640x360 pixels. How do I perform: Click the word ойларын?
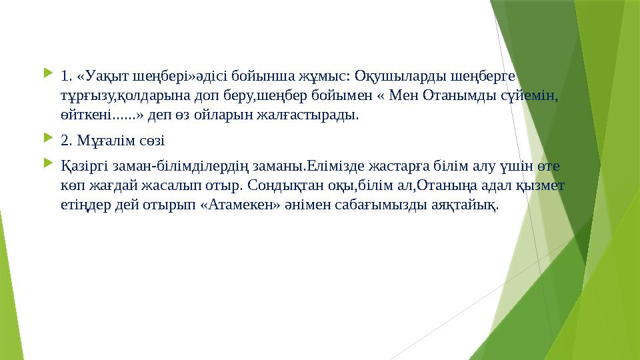click(x=227, y=114)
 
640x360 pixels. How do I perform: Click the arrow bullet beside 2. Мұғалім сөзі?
click(x=46, y=140)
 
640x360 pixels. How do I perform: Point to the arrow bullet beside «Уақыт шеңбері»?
click(x=46, y=74)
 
